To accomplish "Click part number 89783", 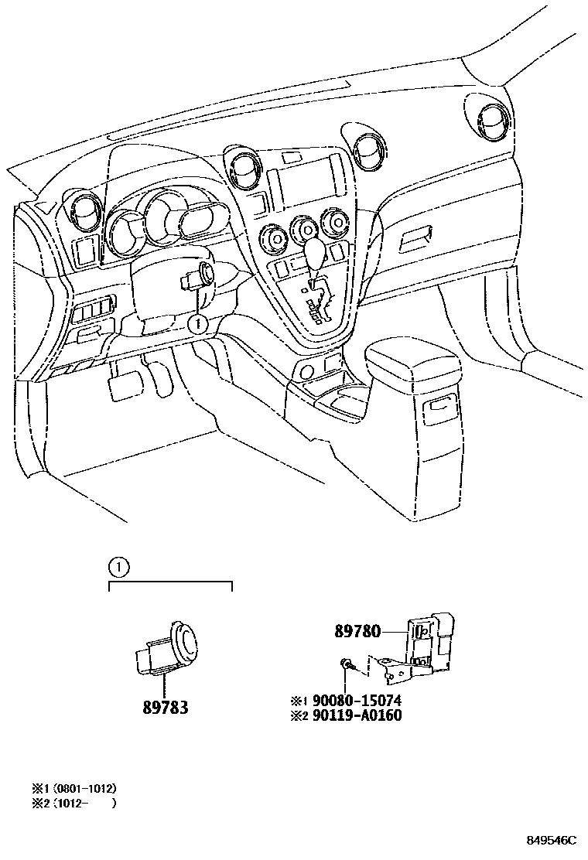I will point(166,706).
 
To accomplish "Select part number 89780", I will point(357,631).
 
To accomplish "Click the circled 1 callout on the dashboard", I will point(197,321).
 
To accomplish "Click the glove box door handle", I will point(419,238).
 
